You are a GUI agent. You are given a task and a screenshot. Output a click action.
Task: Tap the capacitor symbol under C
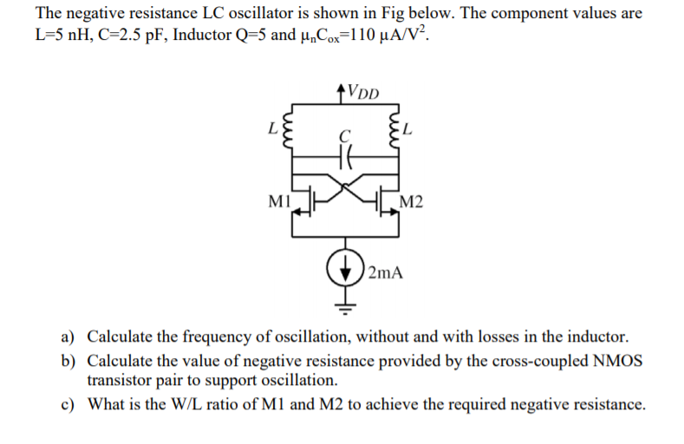346,158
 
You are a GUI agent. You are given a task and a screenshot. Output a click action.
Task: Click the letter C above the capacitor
345,136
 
